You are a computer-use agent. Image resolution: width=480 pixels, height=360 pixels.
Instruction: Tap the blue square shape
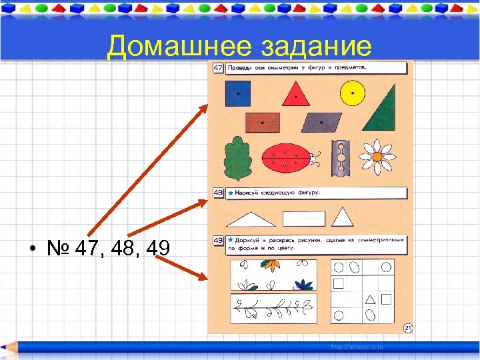(237, 94)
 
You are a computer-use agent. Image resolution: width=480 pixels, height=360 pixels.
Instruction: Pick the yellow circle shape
(353, 93)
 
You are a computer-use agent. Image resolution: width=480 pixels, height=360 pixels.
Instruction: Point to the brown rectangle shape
(262, 123)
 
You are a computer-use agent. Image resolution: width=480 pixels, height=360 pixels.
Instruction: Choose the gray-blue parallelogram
(321, 123)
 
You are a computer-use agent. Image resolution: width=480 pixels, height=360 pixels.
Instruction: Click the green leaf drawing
(235, 158)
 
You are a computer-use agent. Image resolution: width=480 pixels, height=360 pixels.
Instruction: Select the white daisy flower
(377, 157)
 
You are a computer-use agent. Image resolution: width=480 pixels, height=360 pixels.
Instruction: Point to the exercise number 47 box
(218, 68)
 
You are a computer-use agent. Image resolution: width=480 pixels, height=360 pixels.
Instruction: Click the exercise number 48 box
(218, 193)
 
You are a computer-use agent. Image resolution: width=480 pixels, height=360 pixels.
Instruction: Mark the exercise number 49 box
(218, 241)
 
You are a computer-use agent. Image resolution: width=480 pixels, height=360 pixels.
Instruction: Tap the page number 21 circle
(408, 327)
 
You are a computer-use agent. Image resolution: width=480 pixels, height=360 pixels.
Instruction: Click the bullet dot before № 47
(32, 250)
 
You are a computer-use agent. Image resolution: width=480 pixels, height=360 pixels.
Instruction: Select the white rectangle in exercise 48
(303, 219)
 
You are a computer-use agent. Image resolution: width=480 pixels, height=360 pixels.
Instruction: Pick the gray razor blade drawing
(341, 158)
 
